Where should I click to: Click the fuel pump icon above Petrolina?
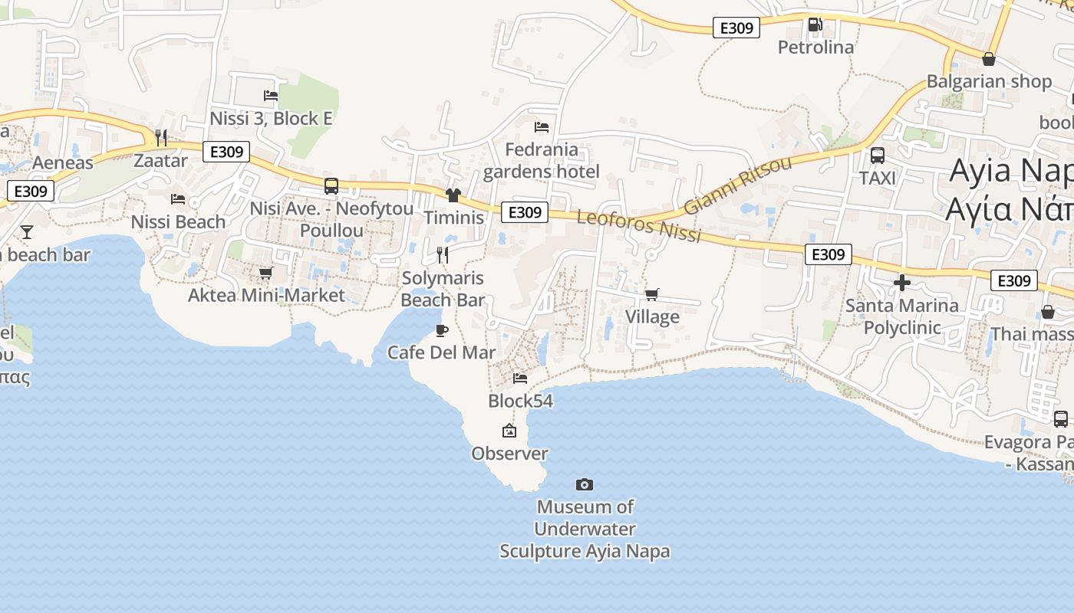click(x=815, y=25)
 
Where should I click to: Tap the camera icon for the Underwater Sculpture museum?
click(x=585, y=484)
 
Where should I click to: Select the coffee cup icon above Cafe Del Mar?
click(x=441, y=330)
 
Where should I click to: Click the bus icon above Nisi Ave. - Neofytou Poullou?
click(x=331, y=186)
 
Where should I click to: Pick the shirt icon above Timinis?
click(x=453, y=195)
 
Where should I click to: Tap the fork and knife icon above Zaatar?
click(x=161, y=138)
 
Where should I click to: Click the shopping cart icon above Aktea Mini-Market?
click(x=266, y=273)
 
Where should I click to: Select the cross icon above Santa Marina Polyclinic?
click(x=902, y=284)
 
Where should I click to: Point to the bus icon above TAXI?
click(x=878, y=156)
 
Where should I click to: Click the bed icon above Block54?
click(x=520, y=378)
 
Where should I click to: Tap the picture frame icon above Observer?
click(x=509, y=431)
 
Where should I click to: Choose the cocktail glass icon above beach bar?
click(x=27, y=231)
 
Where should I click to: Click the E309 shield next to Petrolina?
click(x=736, y=28)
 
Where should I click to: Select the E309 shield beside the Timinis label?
click(x=525, y=212)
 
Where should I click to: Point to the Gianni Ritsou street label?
click(x=737, y=186)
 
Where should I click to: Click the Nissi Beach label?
click(x=178, y=222)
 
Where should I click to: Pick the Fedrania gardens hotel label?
click(x=542, y=160)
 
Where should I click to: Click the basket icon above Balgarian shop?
click(x=989, y=59)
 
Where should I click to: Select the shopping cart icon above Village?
click(x=652, y=294)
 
